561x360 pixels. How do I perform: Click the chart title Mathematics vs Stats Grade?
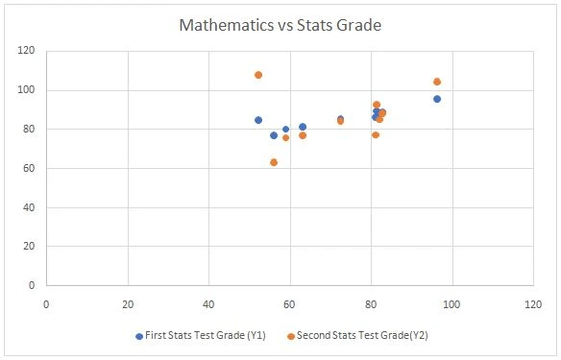[x=280, y=25]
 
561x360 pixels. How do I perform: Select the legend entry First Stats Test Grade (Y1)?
[x=207, y=336]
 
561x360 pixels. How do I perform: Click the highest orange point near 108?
[x=258, y=75]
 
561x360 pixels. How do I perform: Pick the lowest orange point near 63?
[x=274, y=162]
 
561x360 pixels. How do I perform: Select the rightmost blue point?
[x=437, y=99]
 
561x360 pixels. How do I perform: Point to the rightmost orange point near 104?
[x=437, y=82]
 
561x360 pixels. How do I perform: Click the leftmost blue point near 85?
[x=258, y=120]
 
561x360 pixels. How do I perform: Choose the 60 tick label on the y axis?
[x=27, y=168]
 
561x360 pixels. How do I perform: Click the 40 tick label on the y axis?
[x=27, y=207]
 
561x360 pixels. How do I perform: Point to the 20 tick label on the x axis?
[x=128, y=305]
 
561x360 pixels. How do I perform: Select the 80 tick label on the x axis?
[x=371, y=305]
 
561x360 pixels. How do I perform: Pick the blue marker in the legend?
[x=139, y=336]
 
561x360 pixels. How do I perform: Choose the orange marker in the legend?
[x=290, y=336]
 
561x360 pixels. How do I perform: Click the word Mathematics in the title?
[x=227, y=25]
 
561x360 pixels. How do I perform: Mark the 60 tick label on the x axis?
[x=289, y=305]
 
